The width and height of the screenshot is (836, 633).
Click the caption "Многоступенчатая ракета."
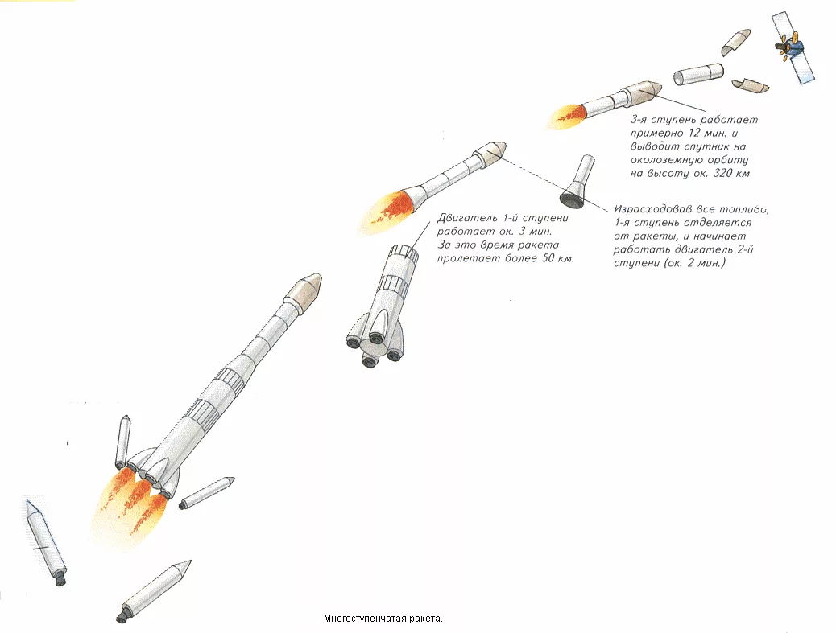[383, 619]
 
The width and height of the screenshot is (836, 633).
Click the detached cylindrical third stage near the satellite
[698, 75]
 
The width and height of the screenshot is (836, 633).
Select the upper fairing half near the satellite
[736, 43]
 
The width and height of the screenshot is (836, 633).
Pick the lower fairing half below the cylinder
[750, 85]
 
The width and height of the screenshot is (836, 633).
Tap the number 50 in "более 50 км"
[541, 259]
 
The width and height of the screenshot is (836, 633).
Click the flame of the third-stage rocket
[569, 115]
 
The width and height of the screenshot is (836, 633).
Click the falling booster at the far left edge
[45, 542]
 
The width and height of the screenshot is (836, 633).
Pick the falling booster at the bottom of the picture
[153, 591]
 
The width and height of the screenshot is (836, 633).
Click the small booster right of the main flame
[207, 493]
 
